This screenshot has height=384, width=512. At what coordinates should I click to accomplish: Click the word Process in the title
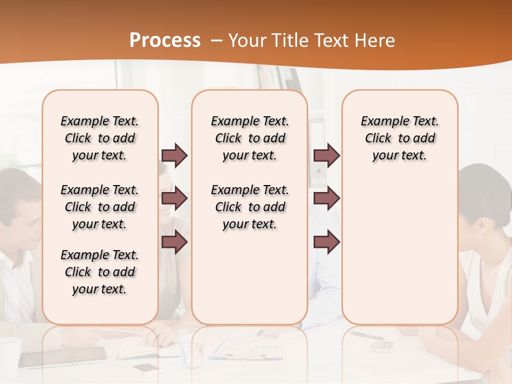tap(165, 41)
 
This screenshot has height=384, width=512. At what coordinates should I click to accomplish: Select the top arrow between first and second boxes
tap(174, 156)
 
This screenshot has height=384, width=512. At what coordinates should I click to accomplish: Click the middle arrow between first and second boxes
tap(174, 199)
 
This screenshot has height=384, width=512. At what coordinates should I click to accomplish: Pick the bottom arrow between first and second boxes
tap(174, 242)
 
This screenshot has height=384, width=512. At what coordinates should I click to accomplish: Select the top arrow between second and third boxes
tap(326, 156)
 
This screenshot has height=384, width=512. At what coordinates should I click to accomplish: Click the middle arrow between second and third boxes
tap(326, 199)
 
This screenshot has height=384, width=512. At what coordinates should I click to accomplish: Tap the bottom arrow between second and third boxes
tap(326, 242)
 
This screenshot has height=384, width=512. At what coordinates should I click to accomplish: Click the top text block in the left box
tap(100, 138)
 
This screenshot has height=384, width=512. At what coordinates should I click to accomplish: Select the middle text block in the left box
tap(100, 207)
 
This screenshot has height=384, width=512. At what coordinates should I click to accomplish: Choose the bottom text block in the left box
tap(100, 272)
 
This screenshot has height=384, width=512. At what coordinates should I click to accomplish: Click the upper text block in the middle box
tap(250, 138)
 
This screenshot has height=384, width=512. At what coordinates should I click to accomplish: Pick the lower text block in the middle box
tap(250, 207)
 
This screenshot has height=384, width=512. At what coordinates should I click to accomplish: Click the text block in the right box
tap(399, 138)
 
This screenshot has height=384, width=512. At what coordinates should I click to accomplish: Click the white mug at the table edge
tap(9, 352)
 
